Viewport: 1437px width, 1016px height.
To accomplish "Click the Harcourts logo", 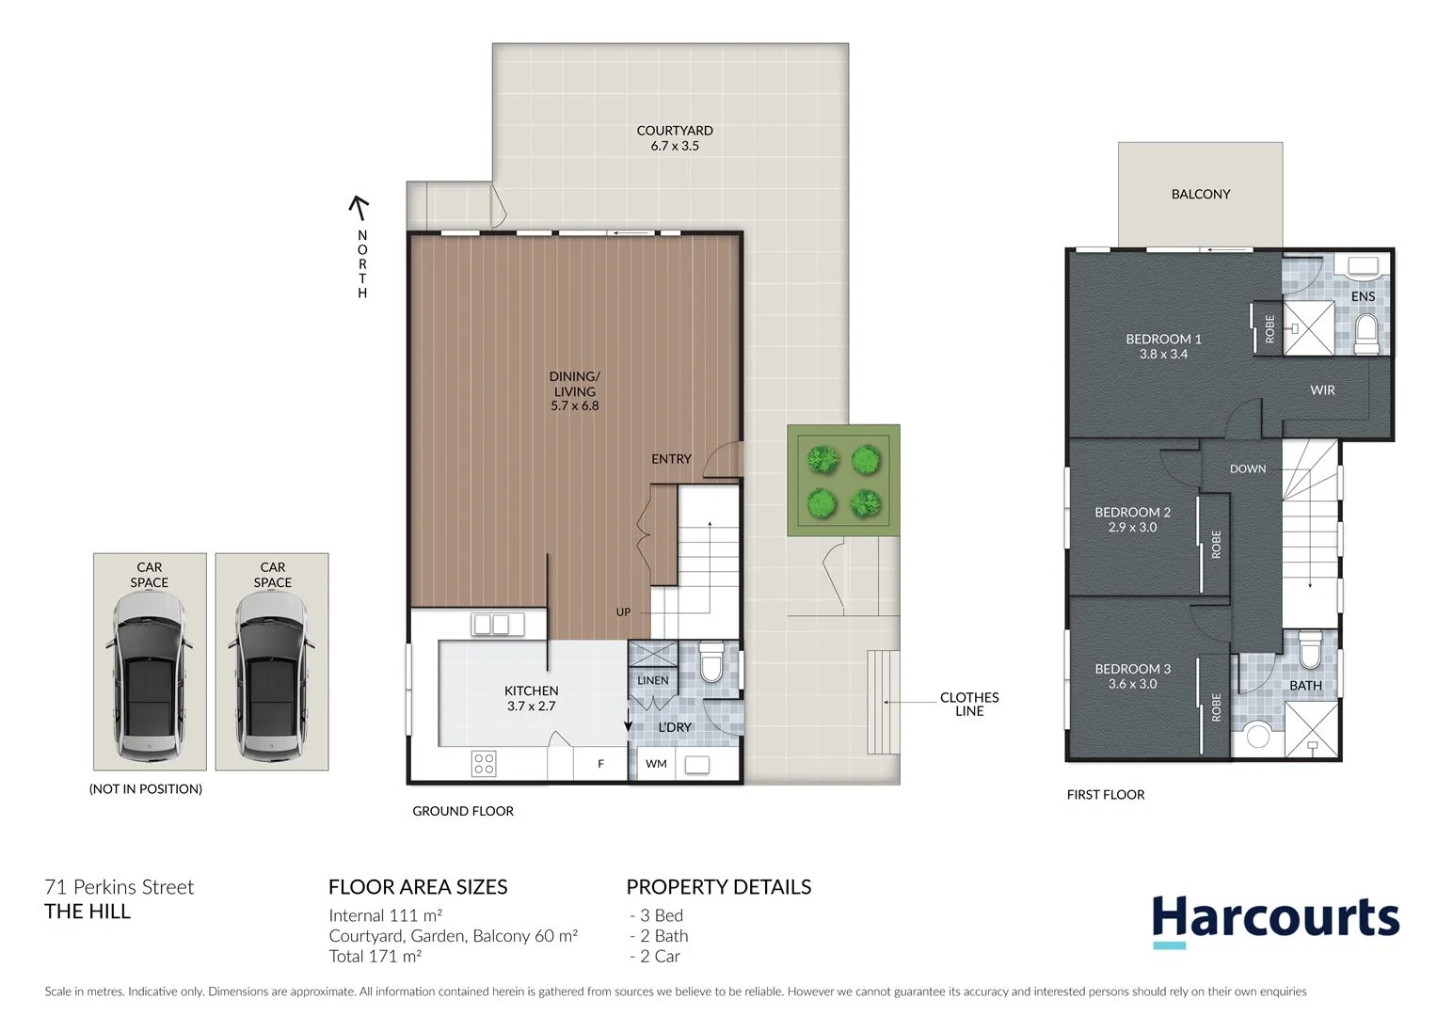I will (1275, 918).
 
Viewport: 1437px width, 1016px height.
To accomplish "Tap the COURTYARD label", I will (675, 131).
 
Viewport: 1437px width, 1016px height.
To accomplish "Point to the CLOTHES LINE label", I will (968, 704).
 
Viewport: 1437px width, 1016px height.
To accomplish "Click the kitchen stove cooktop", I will (484, 763).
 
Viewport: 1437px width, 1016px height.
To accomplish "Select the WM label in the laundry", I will (656, 764).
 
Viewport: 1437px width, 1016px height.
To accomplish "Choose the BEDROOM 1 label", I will (1163, 339).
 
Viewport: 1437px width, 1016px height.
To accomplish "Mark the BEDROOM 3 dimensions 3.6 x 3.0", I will (1132, 684).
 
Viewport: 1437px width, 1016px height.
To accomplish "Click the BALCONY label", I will (1200, 194).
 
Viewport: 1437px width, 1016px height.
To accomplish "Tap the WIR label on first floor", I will (1322, 389).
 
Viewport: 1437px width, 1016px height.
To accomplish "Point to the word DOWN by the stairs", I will (1247, 468).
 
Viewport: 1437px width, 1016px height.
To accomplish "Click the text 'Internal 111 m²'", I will (385, 915).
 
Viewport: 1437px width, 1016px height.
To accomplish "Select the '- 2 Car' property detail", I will (655, 956).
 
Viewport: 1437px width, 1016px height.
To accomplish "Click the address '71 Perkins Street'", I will (120, 887).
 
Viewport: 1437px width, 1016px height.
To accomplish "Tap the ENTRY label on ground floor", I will (671, 459).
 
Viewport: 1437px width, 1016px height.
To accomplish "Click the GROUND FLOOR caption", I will (463, 811).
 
